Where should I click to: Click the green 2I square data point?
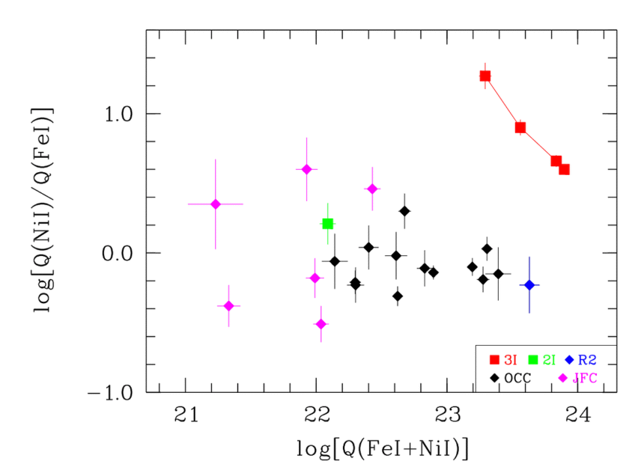(x=327, y=224)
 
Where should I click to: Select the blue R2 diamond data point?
(x=529, y=285)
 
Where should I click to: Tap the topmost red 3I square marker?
(x=485, y=76)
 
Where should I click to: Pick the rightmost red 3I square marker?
(x=565, y=169)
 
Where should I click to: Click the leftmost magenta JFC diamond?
(x=216, y=204)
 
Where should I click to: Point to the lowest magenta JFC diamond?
(x=321, y=324)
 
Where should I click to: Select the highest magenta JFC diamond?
(x=306, y=169)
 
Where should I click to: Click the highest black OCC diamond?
(x=404, y=211)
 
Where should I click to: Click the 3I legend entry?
(x=503, y=359)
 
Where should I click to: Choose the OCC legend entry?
(x=511, y=377)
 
